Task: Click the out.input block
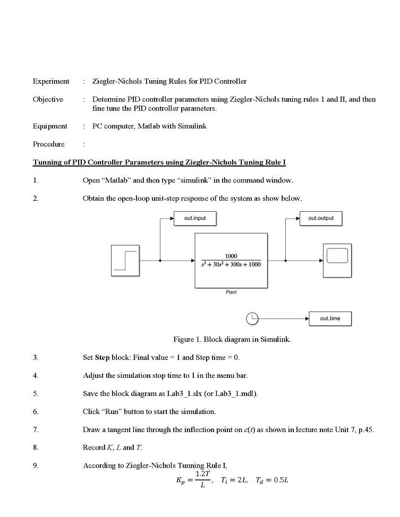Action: [x=194, y=218]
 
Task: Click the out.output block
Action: [x=320, y=218]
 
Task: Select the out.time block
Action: [x=330, y=318]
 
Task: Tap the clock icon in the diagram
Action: [x=252, y=318]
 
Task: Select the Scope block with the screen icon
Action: [x=337, y=260]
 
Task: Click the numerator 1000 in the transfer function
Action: [x=231, y=256]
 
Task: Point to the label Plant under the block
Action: [x=231, y=292]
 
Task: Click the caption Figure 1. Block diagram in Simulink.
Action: [x=232, y=339]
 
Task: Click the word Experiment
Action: [x=51, y=81]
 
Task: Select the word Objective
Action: [x=48, y=99]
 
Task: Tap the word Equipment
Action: [x=50, y=126]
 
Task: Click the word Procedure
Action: [x=48, y=144]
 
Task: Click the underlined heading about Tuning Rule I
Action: [x=159, y=162]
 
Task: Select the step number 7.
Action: [x=35, y=429]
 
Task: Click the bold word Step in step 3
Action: [x=102, y=357]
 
